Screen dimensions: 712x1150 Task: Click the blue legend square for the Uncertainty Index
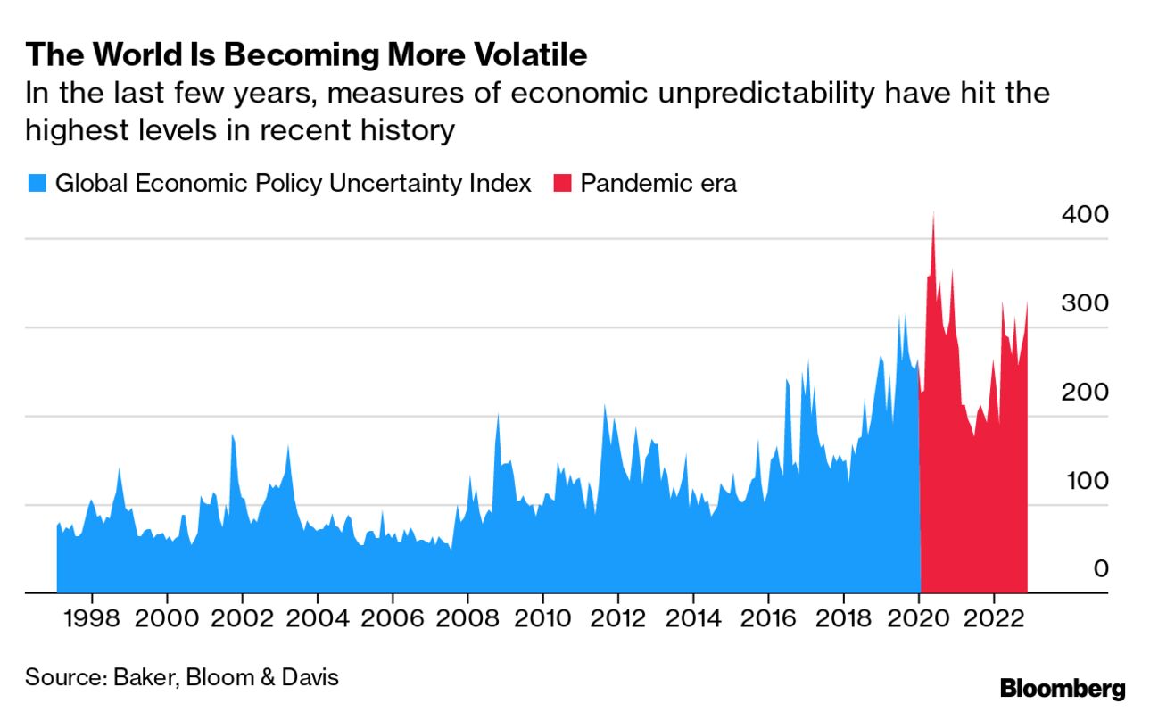point(36,184)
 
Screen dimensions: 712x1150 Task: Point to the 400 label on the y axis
point(1084,215)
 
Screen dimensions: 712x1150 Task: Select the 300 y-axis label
point(1084,303)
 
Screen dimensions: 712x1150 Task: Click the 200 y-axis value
point(1084,392)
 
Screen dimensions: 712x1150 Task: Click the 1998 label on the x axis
point(92,619)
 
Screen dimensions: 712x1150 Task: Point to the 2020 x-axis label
point(920,619)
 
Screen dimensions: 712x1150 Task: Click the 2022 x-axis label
point(995,619)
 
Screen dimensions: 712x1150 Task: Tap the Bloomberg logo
point(1062,689)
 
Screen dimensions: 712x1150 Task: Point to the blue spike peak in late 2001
point(232,437)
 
